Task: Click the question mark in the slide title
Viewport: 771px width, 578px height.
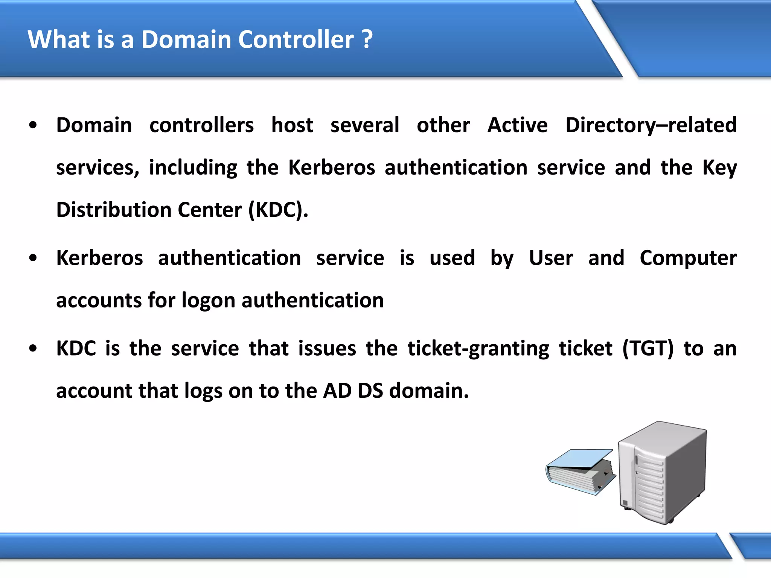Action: [x=367, y=40]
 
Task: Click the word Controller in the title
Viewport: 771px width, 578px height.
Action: [x=296, y=40]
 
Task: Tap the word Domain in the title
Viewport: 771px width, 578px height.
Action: [x=186, y=40]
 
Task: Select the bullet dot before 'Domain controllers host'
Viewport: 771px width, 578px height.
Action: [x=33, y=126]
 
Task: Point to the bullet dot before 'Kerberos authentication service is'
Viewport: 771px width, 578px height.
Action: [x=33, y=259]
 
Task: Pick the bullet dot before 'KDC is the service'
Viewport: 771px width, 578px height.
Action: [x=33, y=349]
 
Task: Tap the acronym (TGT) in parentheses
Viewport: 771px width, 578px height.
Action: [x=648, y=348]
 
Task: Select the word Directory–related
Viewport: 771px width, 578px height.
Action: [x=651, y=125]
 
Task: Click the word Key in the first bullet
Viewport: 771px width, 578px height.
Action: [x=719, y=168]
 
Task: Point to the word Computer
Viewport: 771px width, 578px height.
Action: [x=688, y=259]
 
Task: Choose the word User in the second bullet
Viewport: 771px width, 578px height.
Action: [x=551, y=259]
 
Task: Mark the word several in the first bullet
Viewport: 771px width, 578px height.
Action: [x=364, y=125]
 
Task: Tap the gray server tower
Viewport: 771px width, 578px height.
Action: [x=663, y=472]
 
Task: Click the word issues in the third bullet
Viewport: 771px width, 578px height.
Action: [x=327, y=348]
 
